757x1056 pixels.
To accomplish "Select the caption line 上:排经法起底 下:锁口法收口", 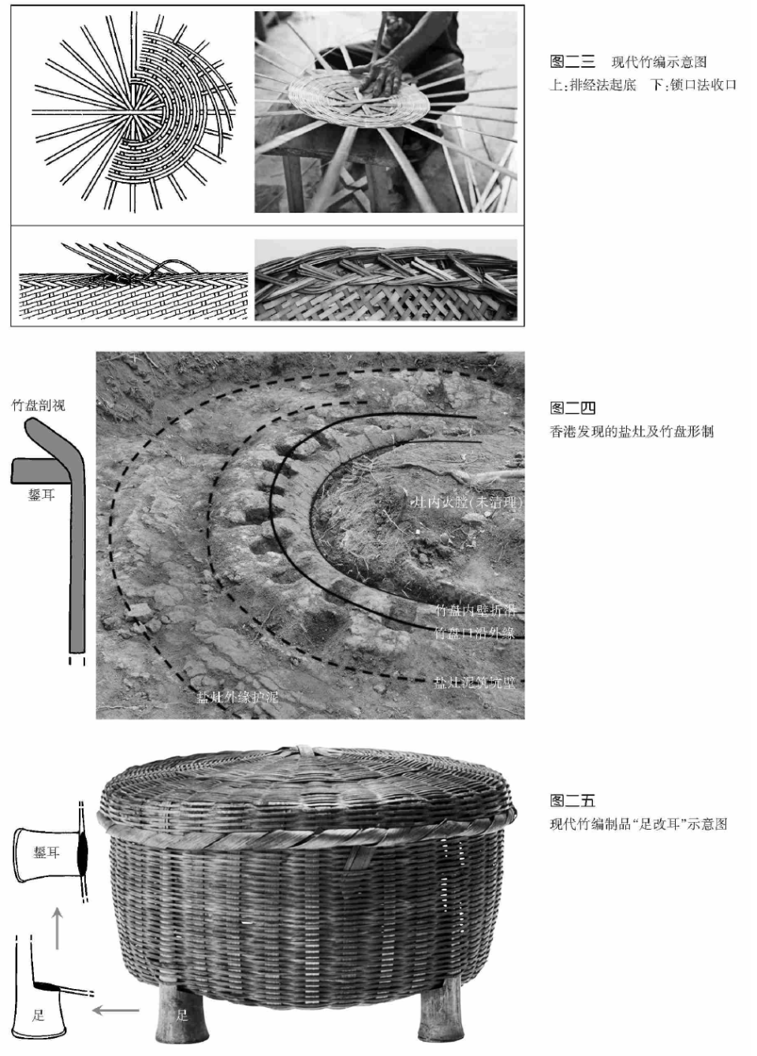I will click(x=643, y=85).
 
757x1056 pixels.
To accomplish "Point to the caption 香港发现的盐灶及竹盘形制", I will click(x=631, y=432).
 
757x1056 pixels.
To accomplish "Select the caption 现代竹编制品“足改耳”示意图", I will click(x=638, y=824).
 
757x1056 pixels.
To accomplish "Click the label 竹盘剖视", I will click(x=38, y=406).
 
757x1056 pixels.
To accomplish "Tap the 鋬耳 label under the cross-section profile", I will click(x=41, y=496).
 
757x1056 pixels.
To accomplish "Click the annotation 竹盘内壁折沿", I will click(x=475, y=611).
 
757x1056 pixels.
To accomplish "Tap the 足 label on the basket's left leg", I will click(x=182, y=1016).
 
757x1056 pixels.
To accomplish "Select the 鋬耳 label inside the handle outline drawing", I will click(x=47, y=853).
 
